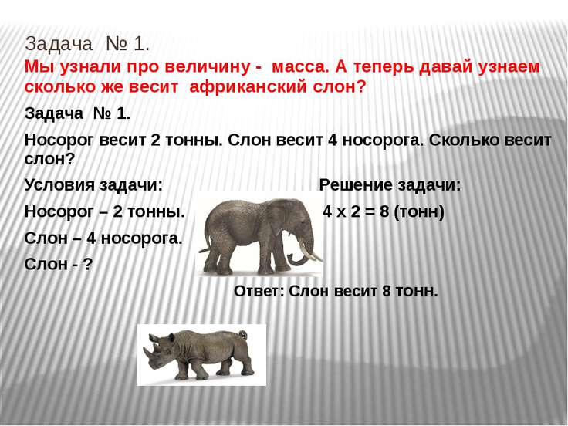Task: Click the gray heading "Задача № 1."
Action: [x=87, y=44]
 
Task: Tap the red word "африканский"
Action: [x=248, y=87]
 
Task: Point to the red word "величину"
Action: [x=207, y=67]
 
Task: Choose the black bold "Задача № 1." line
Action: [x=77, y=113]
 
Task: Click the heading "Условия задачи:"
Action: [x=93, y=185]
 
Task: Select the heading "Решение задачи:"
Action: [x=390, y=185]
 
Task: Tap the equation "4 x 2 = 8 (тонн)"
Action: [x=384, y=211]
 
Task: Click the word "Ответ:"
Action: [x=259, y=291]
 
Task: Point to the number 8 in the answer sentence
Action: [x=387, y=291]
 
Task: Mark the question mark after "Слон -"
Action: [x=88, y=265]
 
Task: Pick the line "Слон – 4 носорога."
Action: [x=103, y=238]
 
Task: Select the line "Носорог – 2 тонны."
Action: [x=105, y=211]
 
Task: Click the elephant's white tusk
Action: [x=309, y=251]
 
